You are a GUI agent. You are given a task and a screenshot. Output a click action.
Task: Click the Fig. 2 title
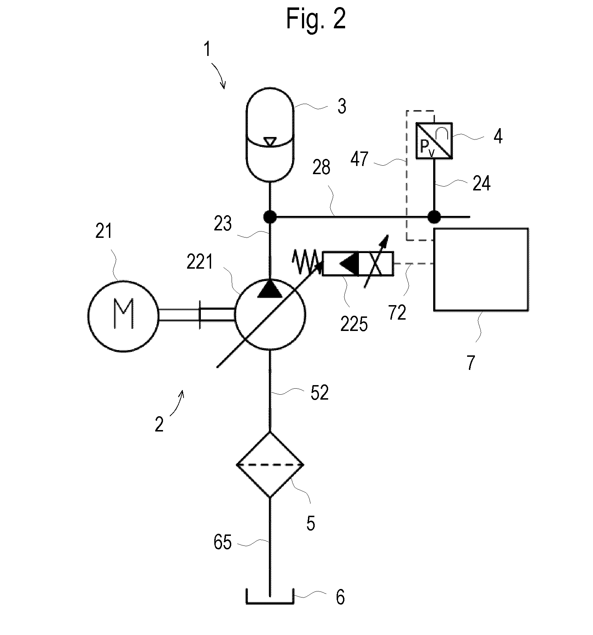tap(316, 19)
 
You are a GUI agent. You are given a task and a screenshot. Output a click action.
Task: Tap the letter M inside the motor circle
tap(123, 314)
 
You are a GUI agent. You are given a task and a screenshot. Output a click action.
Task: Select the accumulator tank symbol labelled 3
tap(270, 135)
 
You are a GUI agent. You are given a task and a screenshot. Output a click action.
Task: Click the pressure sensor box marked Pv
tap(434, 141)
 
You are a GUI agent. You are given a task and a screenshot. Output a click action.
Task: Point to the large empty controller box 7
tap(481, 269)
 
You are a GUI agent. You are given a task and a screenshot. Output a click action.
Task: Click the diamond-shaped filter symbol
tap(270, 464)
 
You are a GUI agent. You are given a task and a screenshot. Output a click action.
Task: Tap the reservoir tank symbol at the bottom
tap(270, 598)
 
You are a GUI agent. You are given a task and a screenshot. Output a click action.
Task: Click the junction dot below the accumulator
tap(270, 217)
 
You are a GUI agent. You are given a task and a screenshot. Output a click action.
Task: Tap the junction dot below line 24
tap(434, 217)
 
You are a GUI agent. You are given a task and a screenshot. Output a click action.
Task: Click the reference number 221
tap(200, 262)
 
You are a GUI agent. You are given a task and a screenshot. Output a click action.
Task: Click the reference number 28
tap(321, 167)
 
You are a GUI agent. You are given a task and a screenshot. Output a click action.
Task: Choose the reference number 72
tap(397, 313)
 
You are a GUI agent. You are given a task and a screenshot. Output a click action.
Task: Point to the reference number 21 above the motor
tap(104, 232)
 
